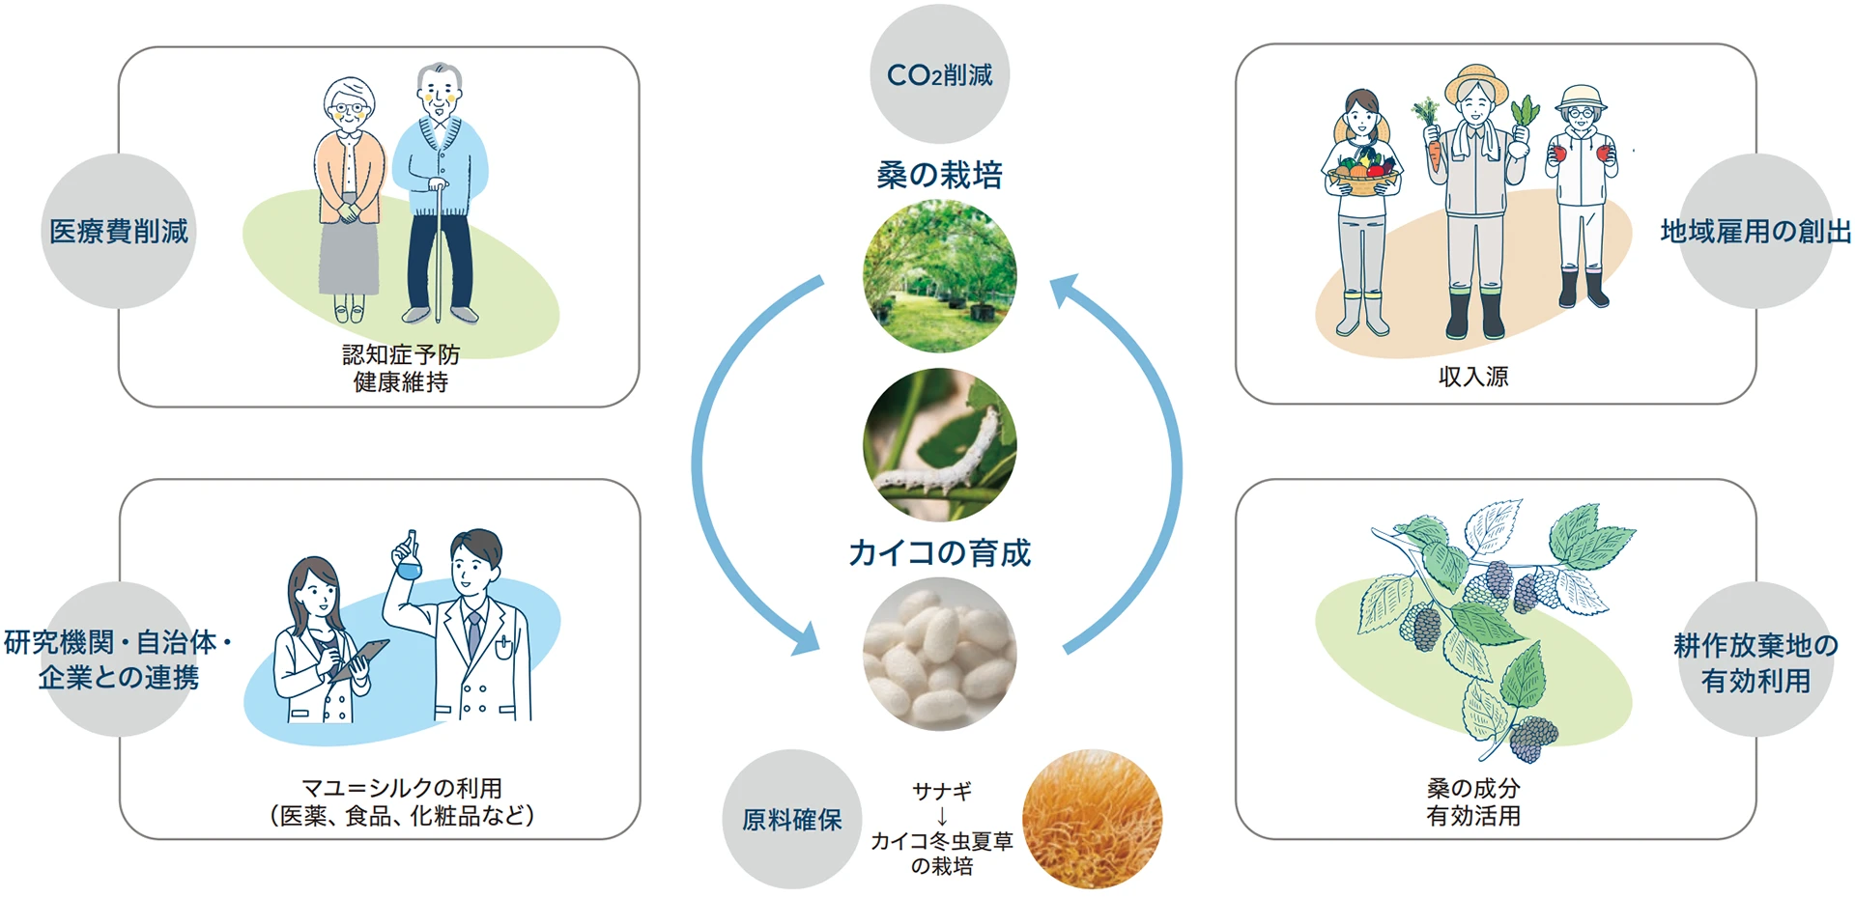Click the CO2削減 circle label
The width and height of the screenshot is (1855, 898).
(939, 74)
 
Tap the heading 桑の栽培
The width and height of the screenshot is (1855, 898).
(939, 175)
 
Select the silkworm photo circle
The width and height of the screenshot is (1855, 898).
(939, 445)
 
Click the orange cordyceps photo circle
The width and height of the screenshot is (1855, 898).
(1092, 819)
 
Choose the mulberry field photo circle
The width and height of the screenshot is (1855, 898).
(939, 276)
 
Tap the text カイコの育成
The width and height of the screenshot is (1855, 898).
(939, 552)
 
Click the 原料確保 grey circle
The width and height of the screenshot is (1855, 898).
(792, 820)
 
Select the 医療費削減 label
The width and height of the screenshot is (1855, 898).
(119, 232)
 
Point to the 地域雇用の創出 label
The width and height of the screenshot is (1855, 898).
(1755, 232)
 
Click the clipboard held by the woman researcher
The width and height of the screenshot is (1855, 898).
(359, 659)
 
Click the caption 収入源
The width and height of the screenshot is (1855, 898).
(1473, 377)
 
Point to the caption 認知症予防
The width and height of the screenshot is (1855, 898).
(401, 355)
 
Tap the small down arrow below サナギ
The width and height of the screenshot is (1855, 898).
(942, 816)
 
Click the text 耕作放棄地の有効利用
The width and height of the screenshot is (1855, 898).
(1755, 663)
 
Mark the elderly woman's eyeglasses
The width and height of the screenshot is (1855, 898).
(349, 109)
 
